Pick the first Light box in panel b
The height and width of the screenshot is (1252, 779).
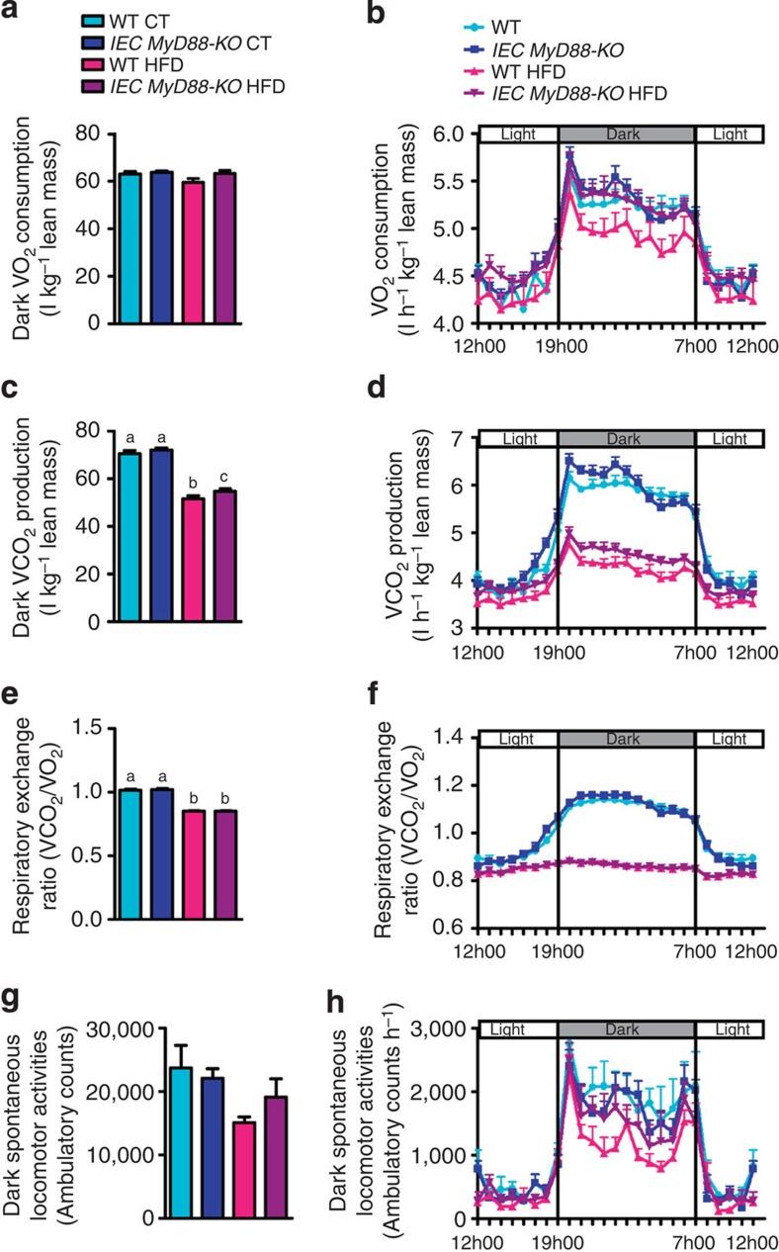pos(519,133)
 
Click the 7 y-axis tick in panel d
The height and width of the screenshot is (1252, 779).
pos(457,437)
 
